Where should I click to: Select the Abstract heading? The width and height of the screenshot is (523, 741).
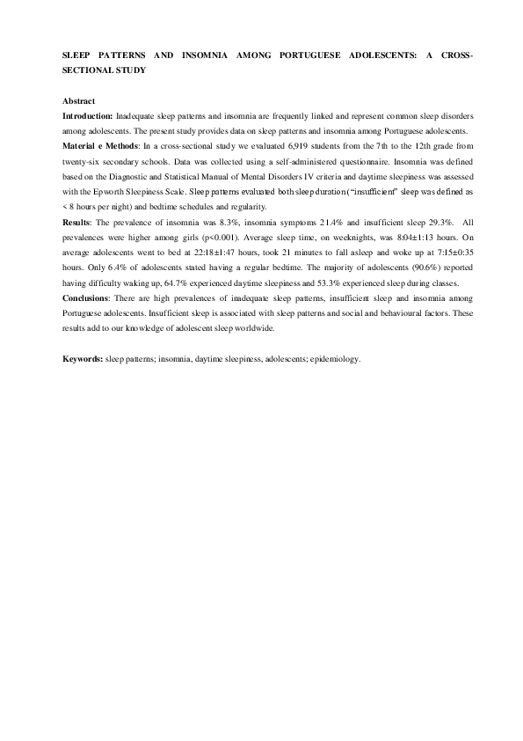point(80,102)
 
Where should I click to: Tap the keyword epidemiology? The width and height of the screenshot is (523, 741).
point(335,360)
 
